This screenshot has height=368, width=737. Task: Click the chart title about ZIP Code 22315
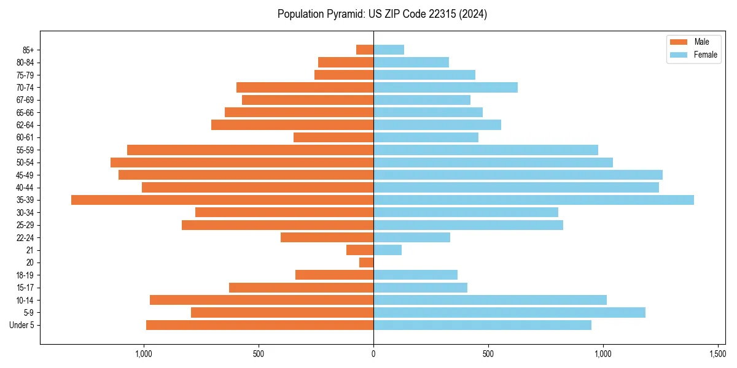coord(382,14)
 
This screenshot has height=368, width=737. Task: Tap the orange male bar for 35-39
coord(222,200)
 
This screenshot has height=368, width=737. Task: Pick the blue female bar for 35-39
coord(533,200)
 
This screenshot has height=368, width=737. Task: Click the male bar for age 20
coord(366,263)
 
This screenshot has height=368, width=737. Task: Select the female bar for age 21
coord(388,250)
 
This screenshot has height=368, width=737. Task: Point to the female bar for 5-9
coord(509,313)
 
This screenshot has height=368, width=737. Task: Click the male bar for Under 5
coord(260,325)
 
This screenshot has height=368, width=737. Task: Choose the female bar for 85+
coord(389,50)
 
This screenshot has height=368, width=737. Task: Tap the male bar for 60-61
coord(333,137)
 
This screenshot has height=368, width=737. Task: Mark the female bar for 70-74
coord(445,88)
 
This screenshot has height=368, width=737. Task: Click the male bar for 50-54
coord(242,163)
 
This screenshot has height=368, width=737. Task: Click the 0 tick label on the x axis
coord(373,354)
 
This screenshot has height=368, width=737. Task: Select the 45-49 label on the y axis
coord(25,175)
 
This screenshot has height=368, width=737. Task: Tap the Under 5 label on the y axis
coord(22,325)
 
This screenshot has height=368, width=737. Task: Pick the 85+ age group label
coord(28,50)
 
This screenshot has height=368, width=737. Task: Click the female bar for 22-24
coord(411,237)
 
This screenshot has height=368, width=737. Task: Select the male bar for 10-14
coord(262,300)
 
